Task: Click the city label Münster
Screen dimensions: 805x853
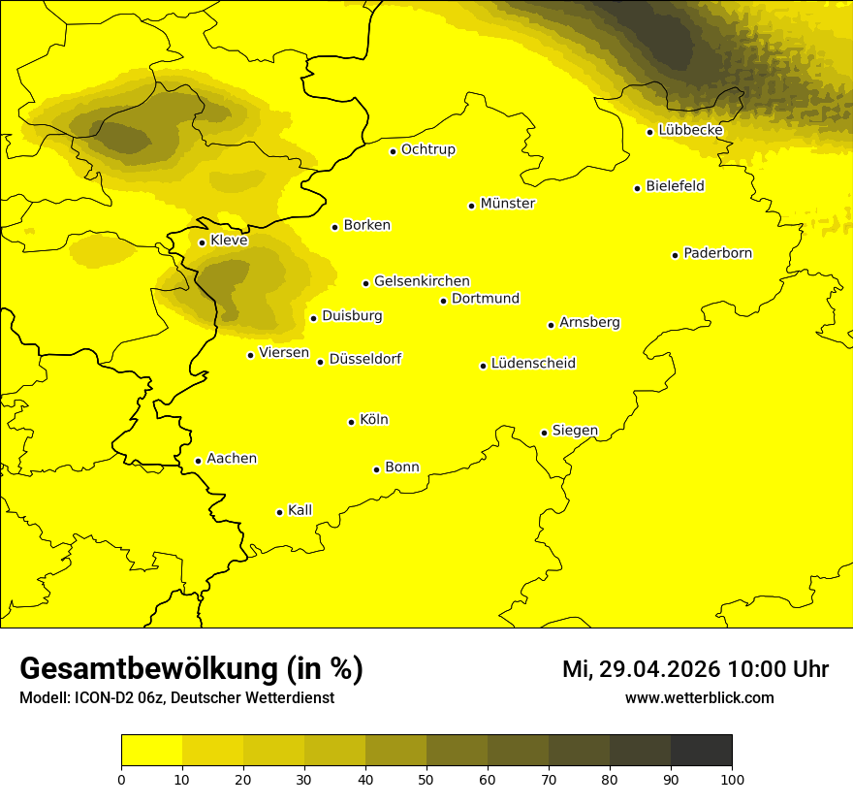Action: (507, 204)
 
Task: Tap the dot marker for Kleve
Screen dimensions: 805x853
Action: (202, 242)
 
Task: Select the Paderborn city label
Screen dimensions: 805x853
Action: (717, 253)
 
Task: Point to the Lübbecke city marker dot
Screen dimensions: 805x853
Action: (650, 132)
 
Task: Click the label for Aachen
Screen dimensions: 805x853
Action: (232, 459)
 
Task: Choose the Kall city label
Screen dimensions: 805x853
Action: (300, 510)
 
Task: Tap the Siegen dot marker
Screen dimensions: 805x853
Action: (545, 433)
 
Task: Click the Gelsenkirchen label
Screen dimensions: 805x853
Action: (422, 281)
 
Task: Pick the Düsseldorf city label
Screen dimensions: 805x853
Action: (365, 359)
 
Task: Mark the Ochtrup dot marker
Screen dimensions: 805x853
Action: (394, 151)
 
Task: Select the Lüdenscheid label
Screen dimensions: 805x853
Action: (533, 364)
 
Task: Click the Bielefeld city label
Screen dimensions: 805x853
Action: (675, 186)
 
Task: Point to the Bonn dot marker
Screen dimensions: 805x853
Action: (377, 469)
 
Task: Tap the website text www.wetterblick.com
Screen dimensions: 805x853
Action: (699, 697)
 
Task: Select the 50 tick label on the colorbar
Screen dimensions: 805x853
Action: (426, 779)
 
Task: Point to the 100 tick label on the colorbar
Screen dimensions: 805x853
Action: (732, 779)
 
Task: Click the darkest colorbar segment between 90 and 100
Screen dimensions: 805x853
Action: (701, 751)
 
